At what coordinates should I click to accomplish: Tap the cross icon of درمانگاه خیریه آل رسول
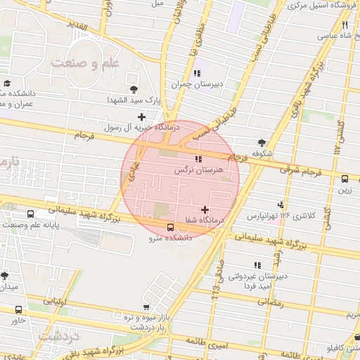(142, 117)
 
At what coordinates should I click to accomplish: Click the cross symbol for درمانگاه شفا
(205, 210)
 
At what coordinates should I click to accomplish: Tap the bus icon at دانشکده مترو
(171, 227)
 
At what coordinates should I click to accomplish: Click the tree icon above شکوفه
(262, 141)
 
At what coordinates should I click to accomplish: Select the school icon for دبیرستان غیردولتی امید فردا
(257, 265)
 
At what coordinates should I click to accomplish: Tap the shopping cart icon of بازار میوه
(146, 307)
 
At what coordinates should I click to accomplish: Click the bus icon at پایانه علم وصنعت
(30, 214)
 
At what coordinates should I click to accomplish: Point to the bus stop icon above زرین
(345, 179)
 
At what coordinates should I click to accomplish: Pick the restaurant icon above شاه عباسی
(345, 25)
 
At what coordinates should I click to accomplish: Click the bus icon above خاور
(18, 309)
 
